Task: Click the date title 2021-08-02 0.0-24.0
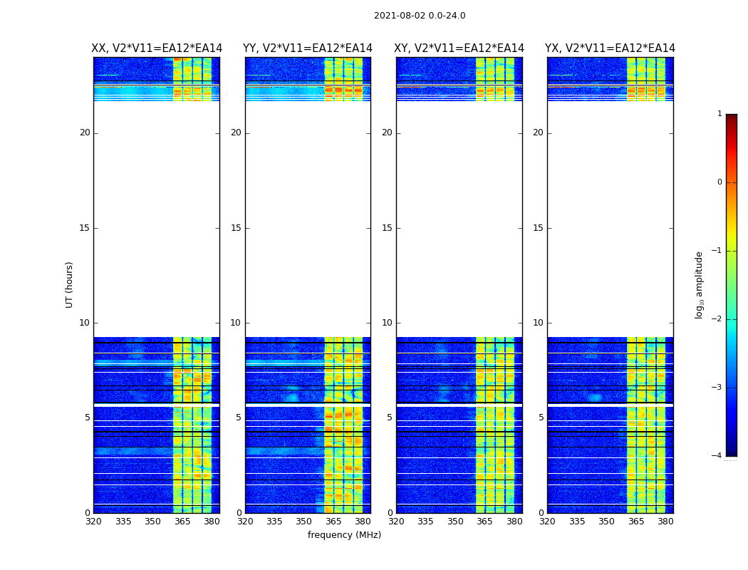click(420, 16)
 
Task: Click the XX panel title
click(157, 48)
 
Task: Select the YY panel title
click(308, 48)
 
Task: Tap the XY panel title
click(459, 48)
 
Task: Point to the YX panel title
click(610, 48)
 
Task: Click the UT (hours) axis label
click(69, 284)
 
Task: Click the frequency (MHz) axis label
click(344, 535)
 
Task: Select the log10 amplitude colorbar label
click(700, 284)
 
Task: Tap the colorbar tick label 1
click(720, 114)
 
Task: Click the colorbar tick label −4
click(717, 456)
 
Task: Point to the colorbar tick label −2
click(717, 319)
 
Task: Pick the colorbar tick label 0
click(720, 182)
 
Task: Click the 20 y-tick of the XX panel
click(85, 133)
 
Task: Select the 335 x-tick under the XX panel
click(123, 522)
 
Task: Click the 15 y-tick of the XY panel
click(387, 228)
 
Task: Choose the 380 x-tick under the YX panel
click(665, 522)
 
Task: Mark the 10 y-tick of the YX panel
click(538, 323)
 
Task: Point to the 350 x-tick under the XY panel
click(455, 522)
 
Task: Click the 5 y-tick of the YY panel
click(239, 418)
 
